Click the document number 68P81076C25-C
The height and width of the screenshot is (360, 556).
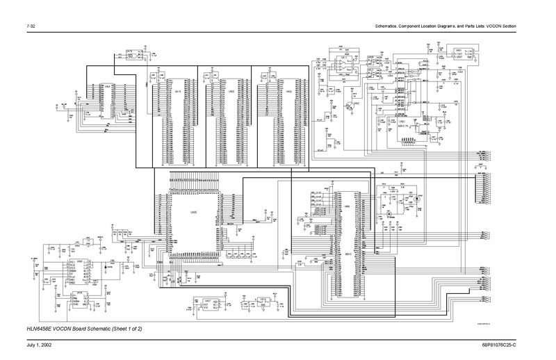[x=515, y=345]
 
